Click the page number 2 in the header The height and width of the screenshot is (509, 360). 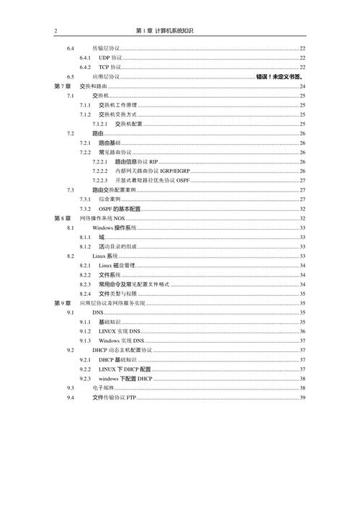[55, 31]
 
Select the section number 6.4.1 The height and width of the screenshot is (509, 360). [84, 57]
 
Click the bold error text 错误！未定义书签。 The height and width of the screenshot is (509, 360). [278, 76]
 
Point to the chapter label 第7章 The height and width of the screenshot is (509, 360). [63, 86]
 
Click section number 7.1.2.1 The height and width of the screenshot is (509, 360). [101, 124]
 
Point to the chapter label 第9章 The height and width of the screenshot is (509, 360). [63, 303]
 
